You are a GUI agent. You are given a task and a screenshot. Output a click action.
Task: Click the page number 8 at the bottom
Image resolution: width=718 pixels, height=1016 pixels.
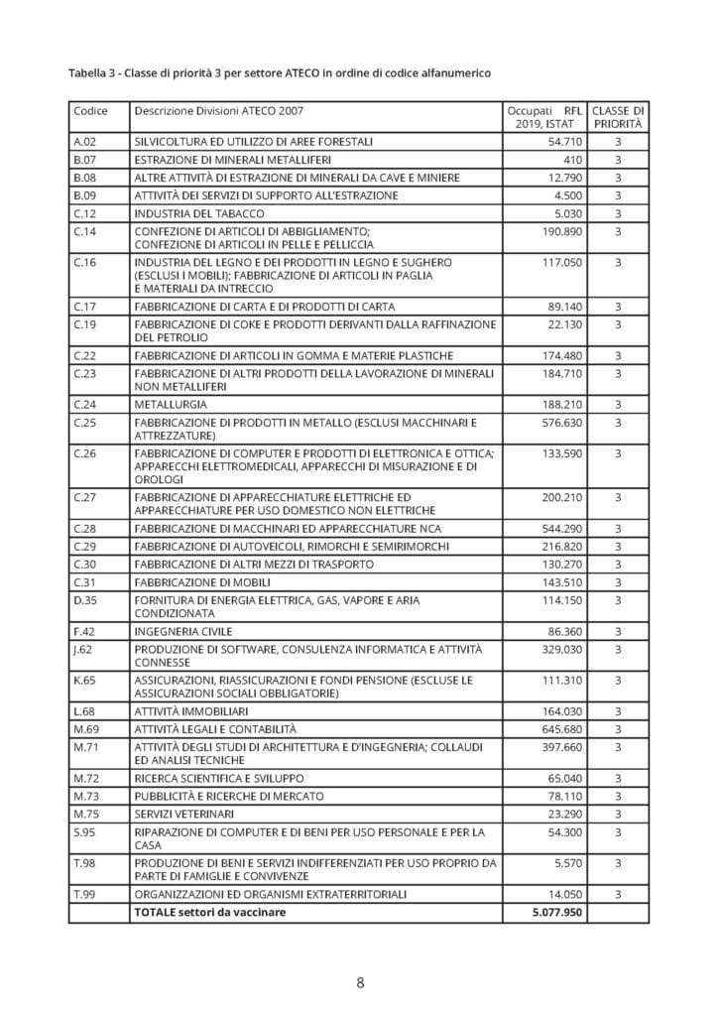pos(360,982)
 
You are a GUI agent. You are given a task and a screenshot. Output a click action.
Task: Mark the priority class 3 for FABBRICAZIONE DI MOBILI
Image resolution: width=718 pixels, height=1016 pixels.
pos(617,582)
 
